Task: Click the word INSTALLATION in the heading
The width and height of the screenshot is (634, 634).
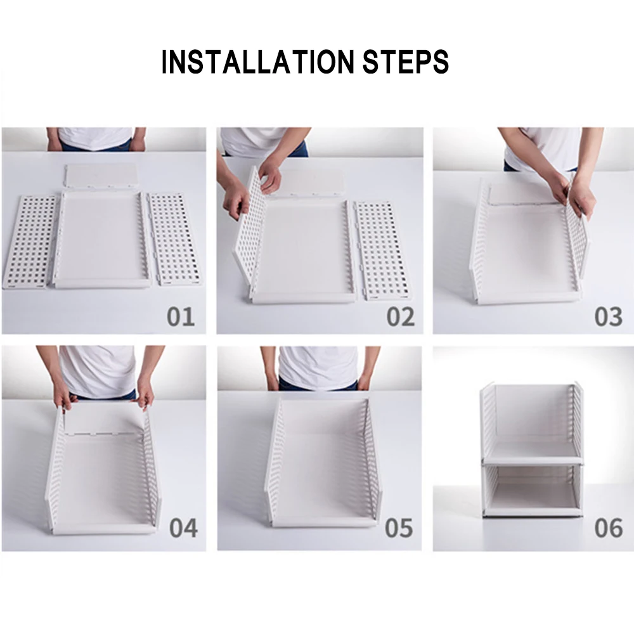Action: [257, 62]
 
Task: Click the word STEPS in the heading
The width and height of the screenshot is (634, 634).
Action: [406, 62]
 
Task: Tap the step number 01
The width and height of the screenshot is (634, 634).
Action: [181, 316]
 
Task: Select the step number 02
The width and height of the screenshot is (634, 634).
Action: [400, 316]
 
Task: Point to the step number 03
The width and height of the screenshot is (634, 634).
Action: [609, 316]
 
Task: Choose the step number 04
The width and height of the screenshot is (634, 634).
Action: [184, 527]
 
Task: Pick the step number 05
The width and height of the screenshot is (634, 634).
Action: [399, 527]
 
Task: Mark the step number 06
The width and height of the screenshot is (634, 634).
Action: [609, 527]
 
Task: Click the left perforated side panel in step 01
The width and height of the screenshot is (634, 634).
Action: [30, 242]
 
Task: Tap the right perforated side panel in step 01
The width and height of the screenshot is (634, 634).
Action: [175, 239]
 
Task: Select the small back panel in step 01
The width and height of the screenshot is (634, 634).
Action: [101, 176]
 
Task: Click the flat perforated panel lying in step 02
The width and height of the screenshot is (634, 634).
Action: [381, 250]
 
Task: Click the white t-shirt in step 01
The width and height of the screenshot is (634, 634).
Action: [96, 138]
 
